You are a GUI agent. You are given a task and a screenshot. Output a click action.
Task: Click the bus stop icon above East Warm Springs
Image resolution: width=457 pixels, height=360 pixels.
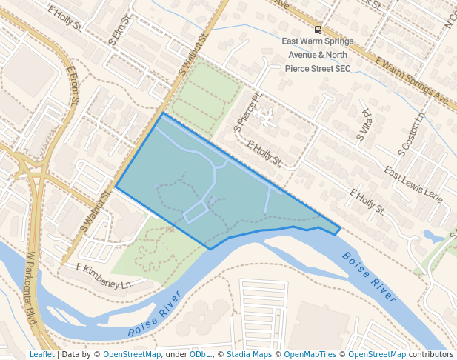point(318,30)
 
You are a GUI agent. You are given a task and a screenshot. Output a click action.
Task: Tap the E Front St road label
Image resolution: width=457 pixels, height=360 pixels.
point(72,85)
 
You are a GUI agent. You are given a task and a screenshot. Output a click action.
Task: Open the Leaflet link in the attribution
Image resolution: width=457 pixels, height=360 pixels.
point(41,354)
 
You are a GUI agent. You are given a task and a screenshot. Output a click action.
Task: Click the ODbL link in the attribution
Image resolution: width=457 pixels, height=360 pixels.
point(199,354)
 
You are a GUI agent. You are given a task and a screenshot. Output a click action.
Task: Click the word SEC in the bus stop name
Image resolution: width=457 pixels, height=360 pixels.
point(341,68)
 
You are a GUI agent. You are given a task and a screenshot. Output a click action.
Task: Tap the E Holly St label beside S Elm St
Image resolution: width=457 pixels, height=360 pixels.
point(64,19)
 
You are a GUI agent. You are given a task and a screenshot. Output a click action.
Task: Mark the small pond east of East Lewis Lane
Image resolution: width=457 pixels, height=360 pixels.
point(430,236)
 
